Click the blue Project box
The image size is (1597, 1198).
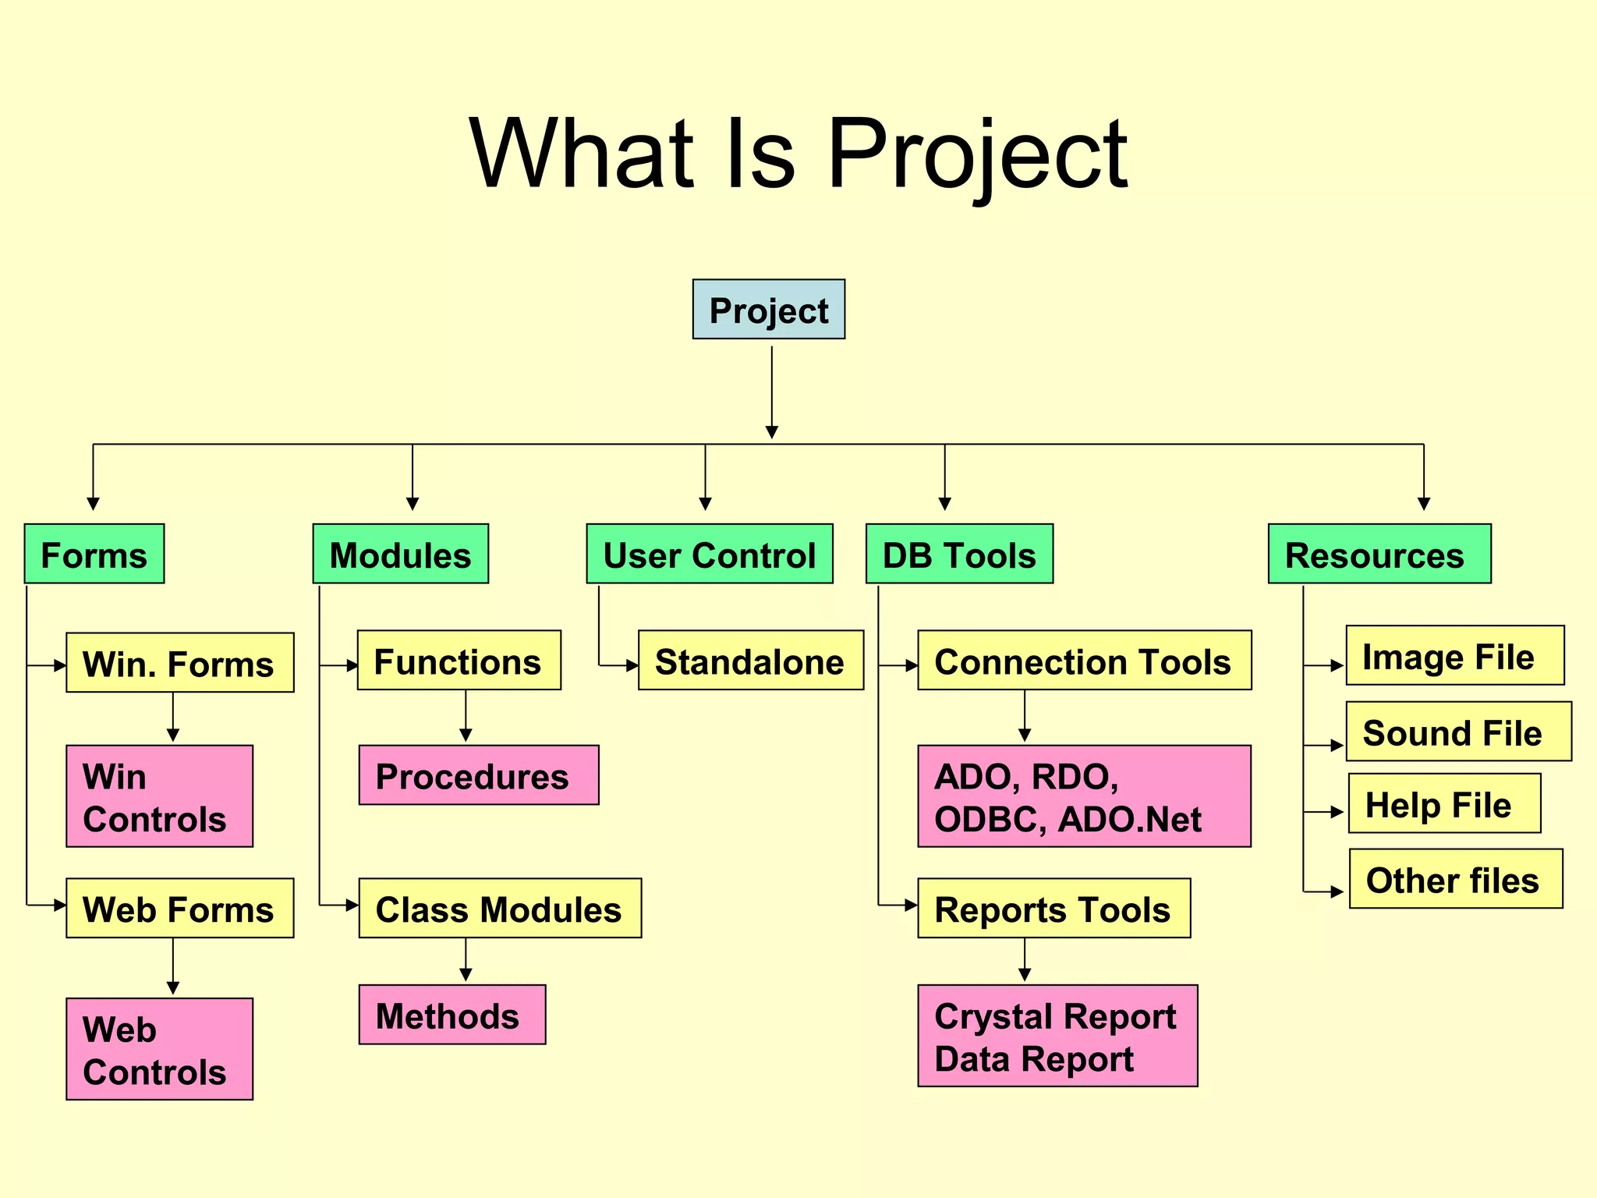(x=768, y=310)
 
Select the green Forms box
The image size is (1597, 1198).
(x=94, y=554)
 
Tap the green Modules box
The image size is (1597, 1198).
(x=400, y=554)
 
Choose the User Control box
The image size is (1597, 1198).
(x=709, y=554)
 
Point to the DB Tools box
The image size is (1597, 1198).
(x=958, y=554)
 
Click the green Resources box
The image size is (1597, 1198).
(x=1379, y=554)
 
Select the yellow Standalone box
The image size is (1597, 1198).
(x=750, y=661)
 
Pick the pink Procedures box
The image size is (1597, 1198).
(x=478, y=775)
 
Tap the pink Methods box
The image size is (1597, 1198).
(x=451, y=1015)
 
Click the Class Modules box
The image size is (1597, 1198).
(x=499, y=909)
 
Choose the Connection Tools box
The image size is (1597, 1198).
(x=1084, y=661)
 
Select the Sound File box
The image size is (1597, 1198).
(x=1457, y=732)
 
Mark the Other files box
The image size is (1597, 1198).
(x=1455, y=879)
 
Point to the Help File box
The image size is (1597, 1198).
(x=1443, y=803)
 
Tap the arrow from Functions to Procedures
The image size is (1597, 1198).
(x=466, y=716)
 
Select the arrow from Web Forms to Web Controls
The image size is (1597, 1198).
(x=173, y=966)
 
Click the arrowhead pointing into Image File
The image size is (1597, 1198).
(x=1337, y=666)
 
